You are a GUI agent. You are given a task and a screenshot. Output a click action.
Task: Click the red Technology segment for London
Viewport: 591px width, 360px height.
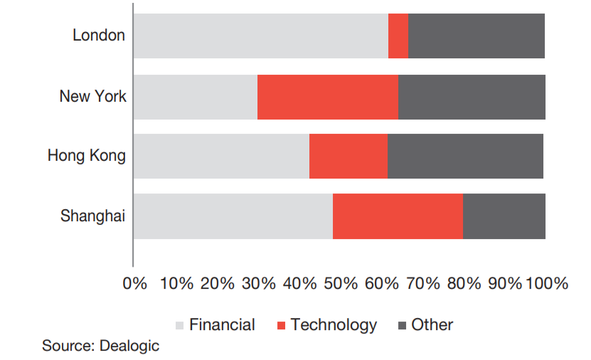(x=398, y=36)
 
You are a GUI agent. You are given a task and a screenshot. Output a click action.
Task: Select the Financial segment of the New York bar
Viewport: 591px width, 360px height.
(x=195, y=97)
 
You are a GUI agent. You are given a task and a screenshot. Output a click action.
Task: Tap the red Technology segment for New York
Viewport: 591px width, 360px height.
(x=327, y=97)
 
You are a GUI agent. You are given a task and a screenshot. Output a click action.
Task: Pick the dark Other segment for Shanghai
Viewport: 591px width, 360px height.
(x=504, y=216)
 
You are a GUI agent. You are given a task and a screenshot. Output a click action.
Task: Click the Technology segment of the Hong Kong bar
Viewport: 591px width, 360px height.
(x=348, y=156)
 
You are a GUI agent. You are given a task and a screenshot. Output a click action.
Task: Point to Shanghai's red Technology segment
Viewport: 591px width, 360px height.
(x=398, y=216)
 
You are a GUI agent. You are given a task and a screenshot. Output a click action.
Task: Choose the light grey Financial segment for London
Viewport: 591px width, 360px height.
(x=260, y=36)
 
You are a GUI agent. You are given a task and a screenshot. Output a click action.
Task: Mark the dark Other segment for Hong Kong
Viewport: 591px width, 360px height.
(x=465, y=156)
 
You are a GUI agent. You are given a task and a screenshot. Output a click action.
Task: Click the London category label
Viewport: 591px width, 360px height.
(x=99, y=35)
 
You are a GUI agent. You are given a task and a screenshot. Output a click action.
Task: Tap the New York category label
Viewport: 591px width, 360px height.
(x=92, y=96)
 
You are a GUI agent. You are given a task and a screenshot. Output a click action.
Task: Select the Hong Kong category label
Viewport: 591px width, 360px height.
(x=87, y=155)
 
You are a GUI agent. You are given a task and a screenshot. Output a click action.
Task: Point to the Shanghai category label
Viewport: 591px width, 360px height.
(x=92, y=216)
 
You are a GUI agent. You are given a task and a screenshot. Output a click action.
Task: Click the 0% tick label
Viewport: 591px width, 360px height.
(x=135, y=283)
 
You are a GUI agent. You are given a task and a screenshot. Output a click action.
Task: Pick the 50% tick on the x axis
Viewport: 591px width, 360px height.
(x=341, y=283)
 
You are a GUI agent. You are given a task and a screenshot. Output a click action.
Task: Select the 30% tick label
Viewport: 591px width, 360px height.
(x=258, y=283)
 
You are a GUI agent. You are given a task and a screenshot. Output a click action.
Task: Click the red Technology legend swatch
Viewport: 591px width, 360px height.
(x=281, y=326)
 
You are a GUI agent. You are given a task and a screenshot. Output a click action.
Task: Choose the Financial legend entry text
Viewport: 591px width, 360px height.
(x=222, y=325)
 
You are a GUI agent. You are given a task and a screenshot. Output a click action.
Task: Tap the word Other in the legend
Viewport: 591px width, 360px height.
(x=432, y=325)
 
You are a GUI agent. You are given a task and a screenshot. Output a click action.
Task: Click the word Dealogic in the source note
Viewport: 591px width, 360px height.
(x=129, y=346)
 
